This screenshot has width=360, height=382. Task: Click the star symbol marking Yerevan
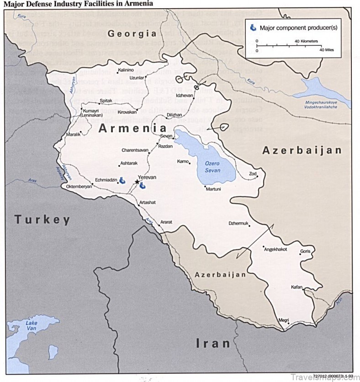coord(137,182)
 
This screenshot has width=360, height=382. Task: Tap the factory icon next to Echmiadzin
coord(122,181)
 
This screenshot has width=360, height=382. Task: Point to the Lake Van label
coord(32,326)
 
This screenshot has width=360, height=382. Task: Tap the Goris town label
coord(306,252)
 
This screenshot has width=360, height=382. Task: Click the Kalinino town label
coord(126,70)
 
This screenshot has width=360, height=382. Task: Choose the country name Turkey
coord(42,220)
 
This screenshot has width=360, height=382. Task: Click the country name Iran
coord(213,343)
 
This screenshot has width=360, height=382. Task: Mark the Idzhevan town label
coord(185,95)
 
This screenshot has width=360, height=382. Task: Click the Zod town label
coord(252,174)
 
